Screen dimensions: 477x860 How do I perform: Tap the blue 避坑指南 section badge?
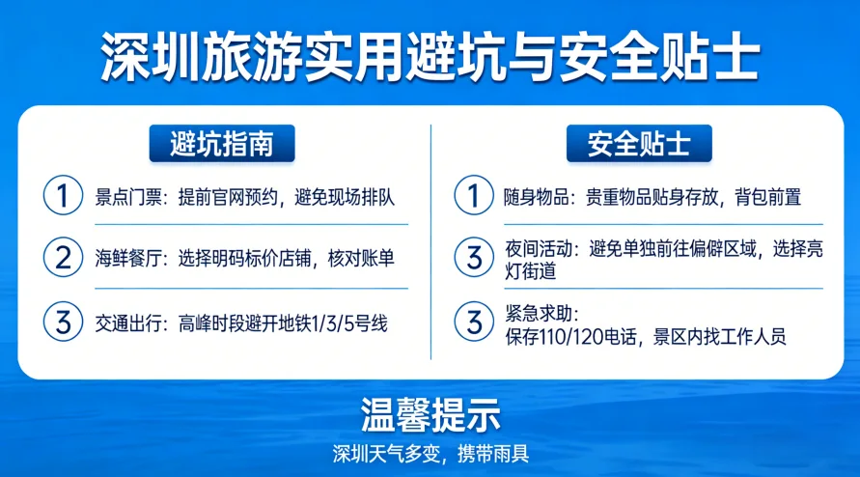click(221, 144)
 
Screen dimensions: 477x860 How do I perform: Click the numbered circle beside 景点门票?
click(63, 196)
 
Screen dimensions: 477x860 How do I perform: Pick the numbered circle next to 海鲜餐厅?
click(63, 259)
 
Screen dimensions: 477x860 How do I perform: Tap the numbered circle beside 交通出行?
click(63, 323)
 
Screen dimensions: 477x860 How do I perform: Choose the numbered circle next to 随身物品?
click(473, 196)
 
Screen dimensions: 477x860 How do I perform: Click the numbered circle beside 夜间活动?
click(473, 258)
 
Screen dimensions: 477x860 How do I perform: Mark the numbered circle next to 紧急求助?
click(473, 323)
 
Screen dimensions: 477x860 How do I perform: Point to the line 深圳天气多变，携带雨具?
click(430, 453)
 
